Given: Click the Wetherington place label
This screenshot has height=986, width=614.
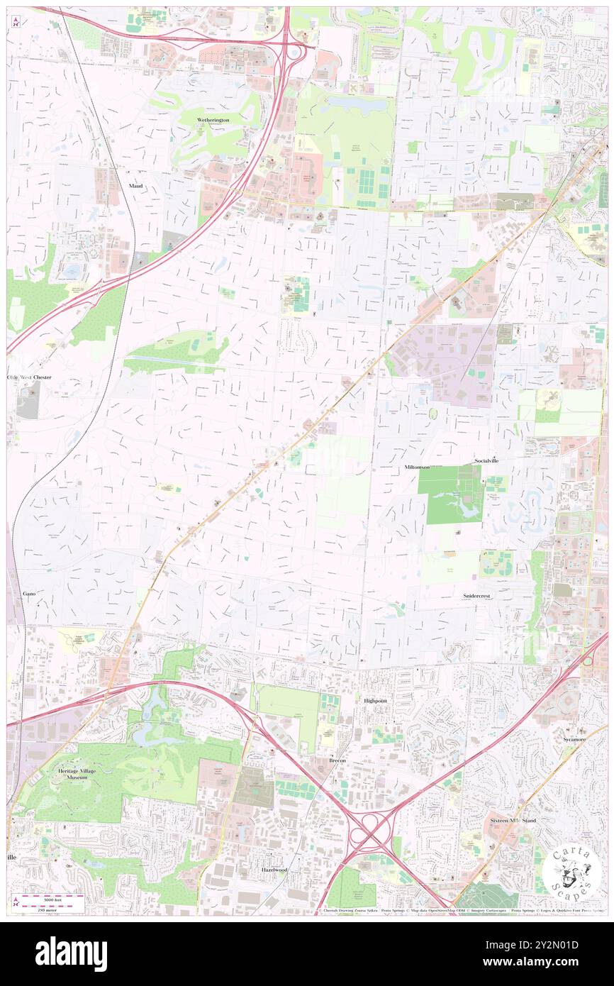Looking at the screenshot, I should pos(213,120).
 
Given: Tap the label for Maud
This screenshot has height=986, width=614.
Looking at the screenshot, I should pos(135,186).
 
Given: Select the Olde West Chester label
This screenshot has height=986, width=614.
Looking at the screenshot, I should pos(29,377).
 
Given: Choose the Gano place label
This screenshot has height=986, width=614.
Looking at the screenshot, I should pos(29,592).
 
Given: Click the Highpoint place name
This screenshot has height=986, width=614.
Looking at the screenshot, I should pos(376,700).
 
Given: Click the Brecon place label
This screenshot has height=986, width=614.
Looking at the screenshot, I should pos(337,760).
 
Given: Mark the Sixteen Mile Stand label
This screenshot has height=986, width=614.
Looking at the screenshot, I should pos(513,821).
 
